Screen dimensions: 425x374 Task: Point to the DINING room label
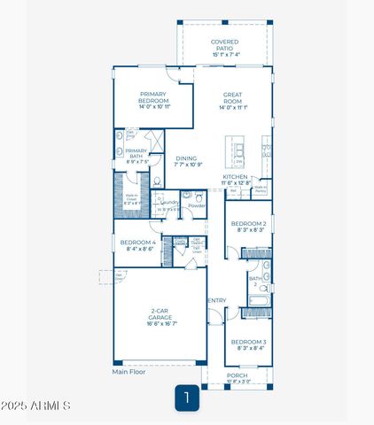186,161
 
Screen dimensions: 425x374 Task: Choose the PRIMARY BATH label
136,154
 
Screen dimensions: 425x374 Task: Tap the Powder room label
197,205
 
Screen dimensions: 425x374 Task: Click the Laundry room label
169,205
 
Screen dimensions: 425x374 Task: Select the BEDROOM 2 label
249,227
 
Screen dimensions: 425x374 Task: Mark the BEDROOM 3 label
248,344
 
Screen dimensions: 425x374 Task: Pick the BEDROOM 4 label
137,245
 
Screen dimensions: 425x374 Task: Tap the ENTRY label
215,300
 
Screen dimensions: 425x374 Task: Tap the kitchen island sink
238,151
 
